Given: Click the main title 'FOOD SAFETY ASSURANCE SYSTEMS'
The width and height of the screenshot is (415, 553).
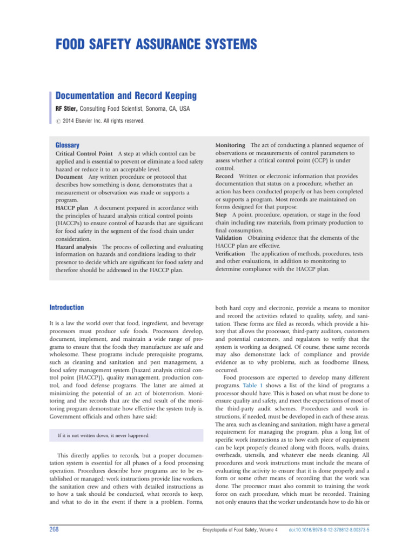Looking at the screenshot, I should pyautogui.click(x=149, y=44).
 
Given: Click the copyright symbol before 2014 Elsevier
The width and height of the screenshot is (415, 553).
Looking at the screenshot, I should pyautogui.click(x=58, y=121).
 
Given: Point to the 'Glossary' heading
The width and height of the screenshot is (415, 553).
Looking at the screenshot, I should pyautogui.click(x=68, y=145).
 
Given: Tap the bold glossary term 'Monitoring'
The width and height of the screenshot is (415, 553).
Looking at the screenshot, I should pyautogui.click(x=231, y=145).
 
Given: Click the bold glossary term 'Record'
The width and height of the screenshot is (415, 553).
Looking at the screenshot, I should pyautogui.click(x=225, y=176).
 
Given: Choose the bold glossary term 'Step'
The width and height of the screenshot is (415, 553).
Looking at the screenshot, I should pyautogui.click(x=222, y=215).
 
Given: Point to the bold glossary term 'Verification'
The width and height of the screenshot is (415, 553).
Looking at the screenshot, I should pyautogui.click(x=230, y=253).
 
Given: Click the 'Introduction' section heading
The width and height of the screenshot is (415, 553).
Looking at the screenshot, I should pyautogui.click(x=66, y=307).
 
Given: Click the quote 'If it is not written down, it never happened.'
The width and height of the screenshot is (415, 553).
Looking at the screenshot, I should pyautogui.click(x=103, y=435).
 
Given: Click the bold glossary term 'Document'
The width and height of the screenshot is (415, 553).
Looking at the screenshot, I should pyautogui.click(x=69, y=177).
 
